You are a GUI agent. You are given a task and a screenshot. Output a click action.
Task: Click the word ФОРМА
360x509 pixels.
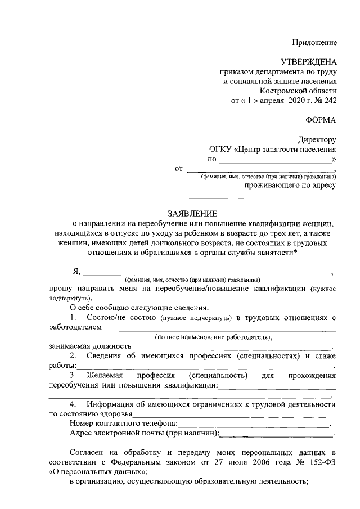point(321,119)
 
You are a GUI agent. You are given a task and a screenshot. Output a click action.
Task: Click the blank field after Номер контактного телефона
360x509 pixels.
point(254,424)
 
